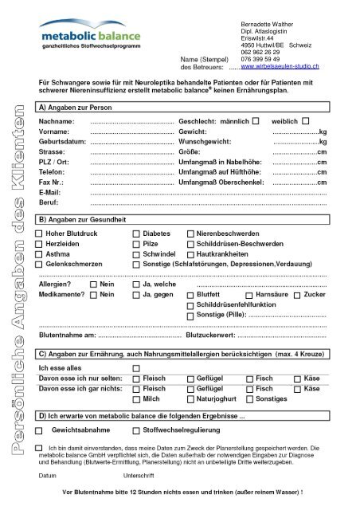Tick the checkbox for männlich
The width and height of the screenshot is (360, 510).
[x=255, y=121]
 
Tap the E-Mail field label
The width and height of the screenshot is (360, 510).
[x=51, y=193]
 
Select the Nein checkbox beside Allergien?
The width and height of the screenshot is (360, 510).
[x=95, y=284]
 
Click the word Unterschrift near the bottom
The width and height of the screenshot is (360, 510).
[x=140, y=477]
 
